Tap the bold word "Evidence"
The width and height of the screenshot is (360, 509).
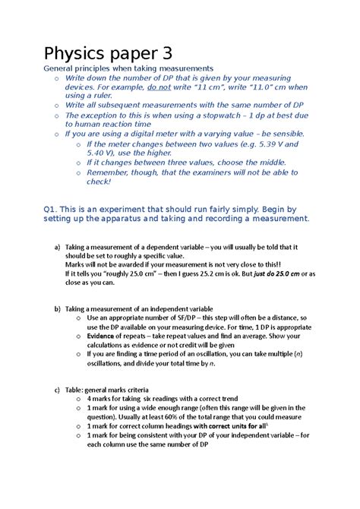(x=106, y=336)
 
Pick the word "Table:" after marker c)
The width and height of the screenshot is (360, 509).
(x=76, y=390)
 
